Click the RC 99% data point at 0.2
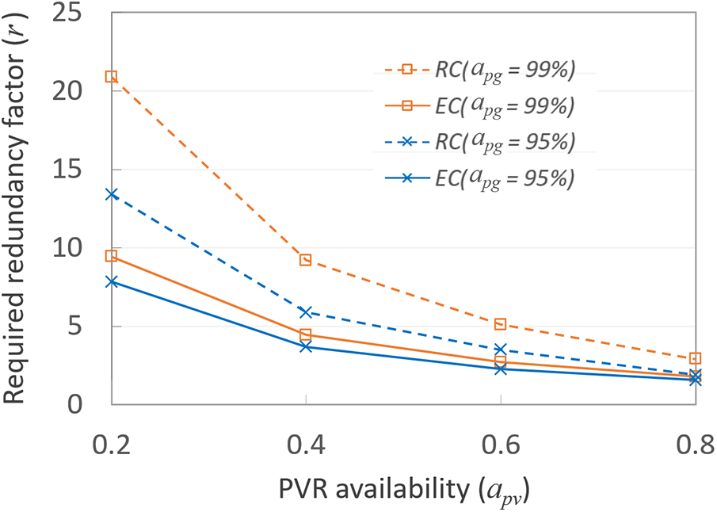click(112, 77)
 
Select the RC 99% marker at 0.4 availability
click(306, 260)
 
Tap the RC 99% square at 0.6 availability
click(500, 324)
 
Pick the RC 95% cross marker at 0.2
click(112, 194)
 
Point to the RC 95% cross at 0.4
click(306, 312)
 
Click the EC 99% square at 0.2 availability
click(112, 256)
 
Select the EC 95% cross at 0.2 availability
click(112, 281)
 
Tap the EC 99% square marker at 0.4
click(306, 335)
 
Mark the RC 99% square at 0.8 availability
click(695, 358)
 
